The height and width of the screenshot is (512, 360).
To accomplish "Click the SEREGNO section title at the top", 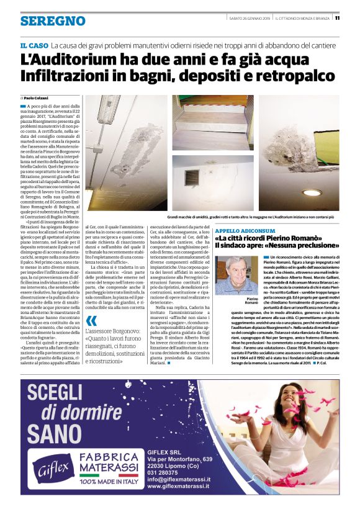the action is [x=53, y=21].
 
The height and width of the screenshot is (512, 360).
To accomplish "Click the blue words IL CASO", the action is [x=34, y=47].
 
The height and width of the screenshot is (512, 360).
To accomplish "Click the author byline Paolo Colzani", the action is [x=37, y=98].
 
